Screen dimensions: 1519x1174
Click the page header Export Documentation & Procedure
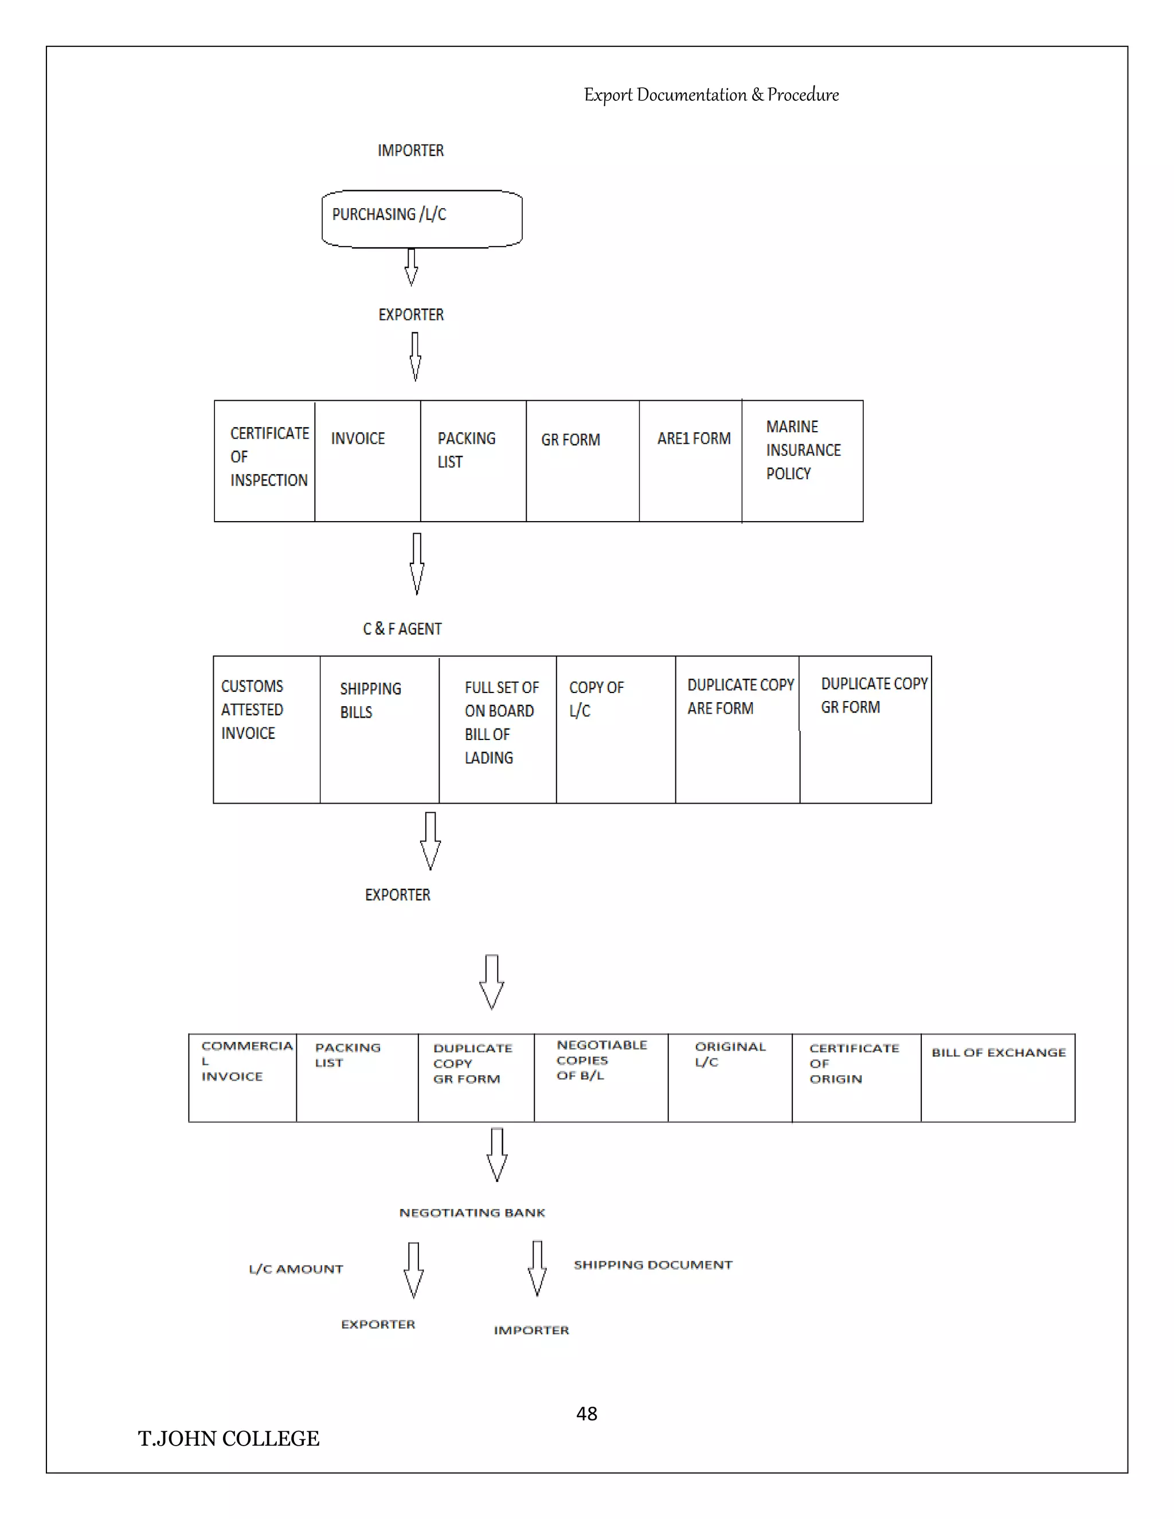711,95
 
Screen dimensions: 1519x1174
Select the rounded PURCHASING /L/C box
421,218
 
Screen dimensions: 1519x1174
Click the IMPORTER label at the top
410,150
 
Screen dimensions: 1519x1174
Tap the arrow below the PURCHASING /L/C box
411,267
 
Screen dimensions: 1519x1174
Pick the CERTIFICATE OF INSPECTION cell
265,460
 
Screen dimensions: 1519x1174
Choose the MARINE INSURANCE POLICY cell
802,460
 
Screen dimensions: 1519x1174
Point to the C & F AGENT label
402,629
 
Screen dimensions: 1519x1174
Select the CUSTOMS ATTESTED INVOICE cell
267,729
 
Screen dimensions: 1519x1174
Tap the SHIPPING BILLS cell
379,729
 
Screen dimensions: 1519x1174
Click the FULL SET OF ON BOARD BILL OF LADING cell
497,729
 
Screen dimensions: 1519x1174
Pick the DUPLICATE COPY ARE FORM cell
737,729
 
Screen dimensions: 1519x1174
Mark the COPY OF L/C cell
616,729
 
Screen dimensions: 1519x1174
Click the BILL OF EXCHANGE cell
997,1078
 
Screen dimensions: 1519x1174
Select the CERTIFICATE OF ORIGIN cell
856,1078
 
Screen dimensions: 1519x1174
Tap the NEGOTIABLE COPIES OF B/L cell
601,1078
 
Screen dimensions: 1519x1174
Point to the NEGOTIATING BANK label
472,1212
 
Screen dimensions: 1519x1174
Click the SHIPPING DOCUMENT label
652,1264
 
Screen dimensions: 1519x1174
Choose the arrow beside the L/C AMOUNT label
413,1270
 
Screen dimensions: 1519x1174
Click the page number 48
586,1414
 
